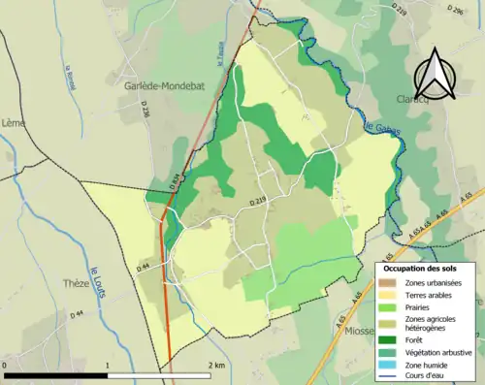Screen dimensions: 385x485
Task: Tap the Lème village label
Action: coord(14,122)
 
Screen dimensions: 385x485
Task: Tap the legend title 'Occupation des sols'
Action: coord(422,268)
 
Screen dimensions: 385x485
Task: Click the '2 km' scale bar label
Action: coord(217,365)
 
